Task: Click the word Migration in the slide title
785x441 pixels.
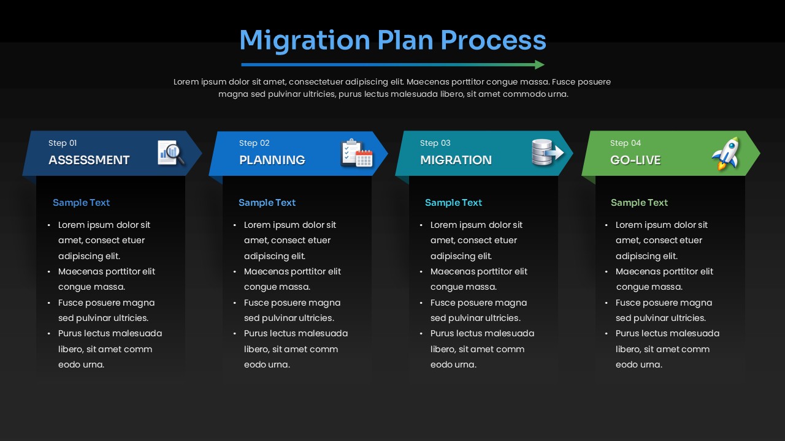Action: (x=304, y=40)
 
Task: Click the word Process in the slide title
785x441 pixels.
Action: (x=493, y=40)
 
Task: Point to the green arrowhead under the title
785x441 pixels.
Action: (x=539, y=65)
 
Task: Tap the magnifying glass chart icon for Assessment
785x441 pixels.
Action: (x=171, y=153)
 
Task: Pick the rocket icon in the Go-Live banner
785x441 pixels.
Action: (x=726, y=153)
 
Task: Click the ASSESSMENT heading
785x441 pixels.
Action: (x=89, y=160)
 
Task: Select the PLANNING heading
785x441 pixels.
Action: (x=272, y=160)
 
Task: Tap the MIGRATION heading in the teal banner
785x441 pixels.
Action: (x=456, y=160)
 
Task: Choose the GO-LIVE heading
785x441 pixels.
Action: (x=635, y=160)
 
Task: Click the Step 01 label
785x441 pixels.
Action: (x=63, y=143)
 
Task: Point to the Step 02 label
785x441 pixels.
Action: (x=254, y=143)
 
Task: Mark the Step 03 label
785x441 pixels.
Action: (x=435, y=143)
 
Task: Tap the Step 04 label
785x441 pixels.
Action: (x=625, y=143)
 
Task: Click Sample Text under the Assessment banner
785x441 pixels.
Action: (x=81, y=203)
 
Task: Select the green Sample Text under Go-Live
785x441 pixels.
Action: (x=639, y=203)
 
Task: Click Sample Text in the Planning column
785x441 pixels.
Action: (x=267, y=203)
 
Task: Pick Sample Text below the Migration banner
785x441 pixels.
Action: (x=453, y=203)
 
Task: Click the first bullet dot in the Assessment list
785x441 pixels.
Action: (x=49, y=225)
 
